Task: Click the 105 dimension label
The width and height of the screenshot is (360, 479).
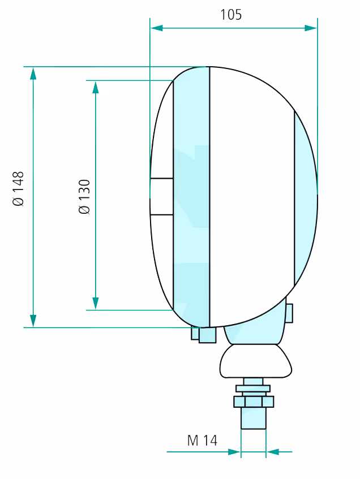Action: (231, 14)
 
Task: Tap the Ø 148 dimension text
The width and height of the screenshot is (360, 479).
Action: (18, 189)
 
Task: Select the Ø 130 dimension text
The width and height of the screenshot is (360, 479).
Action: (84, 197)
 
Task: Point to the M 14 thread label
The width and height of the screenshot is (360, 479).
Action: (202, 440)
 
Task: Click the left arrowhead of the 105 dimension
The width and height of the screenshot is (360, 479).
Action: (157, 28)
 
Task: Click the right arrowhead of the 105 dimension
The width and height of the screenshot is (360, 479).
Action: (311, 28)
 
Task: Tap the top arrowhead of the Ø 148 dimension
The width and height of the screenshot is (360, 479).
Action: (33, 74)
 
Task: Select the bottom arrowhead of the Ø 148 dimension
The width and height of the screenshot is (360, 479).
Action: (33, 321)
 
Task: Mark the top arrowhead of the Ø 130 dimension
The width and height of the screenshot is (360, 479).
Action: (96, 87)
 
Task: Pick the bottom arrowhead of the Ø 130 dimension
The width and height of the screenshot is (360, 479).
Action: (96, 303)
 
